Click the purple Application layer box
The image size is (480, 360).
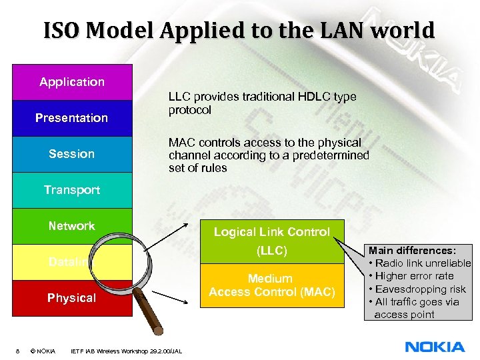pos(72,82)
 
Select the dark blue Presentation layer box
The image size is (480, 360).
pos(72,118)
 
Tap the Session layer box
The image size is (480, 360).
pos(72,154)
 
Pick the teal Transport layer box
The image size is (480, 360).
pos(72,190)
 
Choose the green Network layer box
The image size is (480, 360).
pos(72,226)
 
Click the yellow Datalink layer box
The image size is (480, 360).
pos(40,262)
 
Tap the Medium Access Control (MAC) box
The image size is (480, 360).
pos(272,285)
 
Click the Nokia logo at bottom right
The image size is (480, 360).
pos(435,347)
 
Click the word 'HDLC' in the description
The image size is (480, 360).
pos(304,97)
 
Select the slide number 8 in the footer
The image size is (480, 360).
pos(17,351)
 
